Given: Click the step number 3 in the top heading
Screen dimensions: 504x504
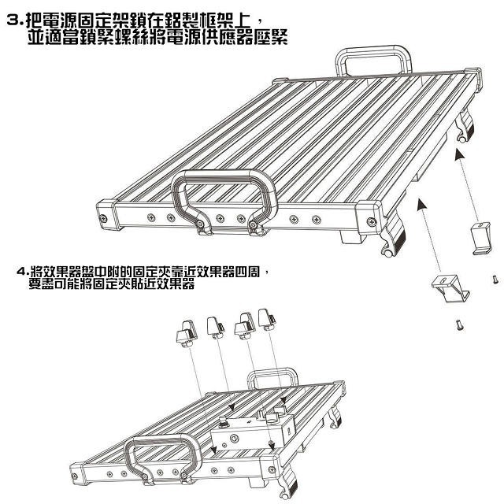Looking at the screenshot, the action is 13,21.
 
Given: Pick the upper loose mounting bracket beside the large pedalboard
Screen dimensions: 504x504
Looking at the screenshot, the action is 481,238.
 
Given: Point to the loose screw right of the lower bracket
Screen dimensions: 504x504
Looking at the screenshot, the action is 495,280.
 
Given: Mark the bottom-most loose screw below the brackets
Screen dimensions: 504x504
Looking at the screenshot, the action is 460,324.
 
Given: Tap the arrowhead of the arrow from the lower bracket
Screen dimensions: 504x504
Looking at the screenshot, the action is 422,205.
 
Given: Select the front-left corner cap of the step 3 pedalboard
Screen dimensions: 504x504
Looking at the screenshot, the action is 108,215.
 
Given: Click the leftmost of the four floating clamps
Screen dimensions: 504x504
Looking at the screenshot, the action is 186,334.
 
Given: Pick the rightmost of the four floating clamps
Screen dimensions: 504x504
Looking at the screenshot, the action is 267,320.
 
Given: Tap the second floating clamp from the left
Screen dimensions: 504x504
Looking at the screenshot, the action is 216,328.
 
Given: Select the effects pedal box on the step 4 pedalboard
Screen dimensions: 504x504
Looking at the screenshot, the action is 254,433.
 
